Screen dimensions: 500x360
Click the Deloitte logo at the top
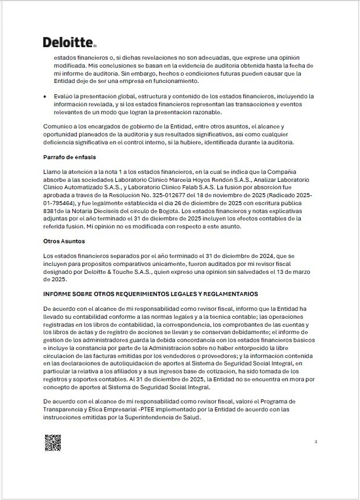click(69, 43)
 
